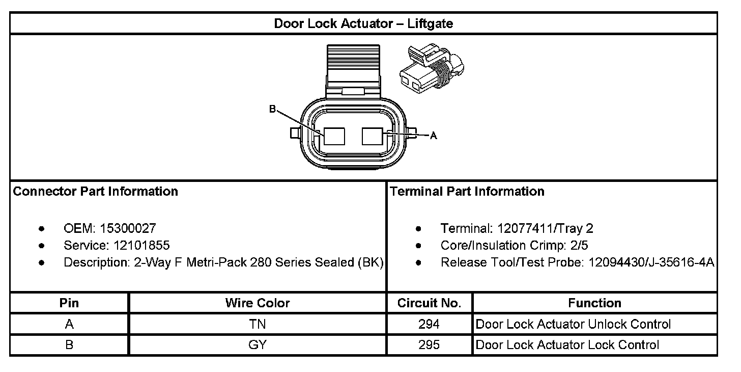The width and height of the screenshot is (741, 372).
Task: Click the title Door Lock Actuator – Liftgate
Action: [x=363, y=23]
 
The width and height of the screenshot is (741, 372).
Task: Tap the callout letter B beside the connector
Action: [x=272, y=109]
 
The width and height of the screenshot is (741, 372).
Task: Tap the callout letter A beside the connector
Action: [x=434, y=136]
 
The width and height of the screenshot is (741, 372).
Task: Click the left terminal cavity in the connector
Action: [x=334, y=137]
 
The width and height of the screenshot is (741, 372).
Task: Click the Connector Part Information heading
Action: [x=95, y=192]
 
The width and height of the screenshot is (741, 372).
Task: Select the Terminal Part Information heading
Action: [x=467, y=192]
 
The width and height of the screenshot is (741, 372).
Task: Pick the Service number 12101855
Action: [x=139, y=246]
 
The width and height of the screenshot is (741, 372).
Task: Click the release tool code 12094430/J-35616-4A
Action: [x=651, y=263]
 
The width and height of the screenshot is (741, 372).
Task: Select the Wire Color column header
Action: [x=257, y=303]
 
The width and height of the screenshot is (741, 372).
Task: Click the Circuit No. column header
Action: [x=429, y=303]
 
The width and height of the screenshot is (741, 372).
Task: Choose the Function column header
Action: [x=594, y=303]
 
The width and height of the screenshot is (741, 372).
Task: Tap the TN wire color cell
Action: [x=257, y=324]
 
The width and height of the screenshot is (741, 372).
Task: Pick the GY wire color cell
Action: [x=257, y=345]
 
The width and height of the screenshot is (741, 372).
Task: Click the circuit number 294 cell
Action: [x=429, y=324]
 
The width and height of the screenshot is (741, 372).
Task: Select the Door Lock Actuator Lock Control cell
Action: [x=567, y=345]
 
